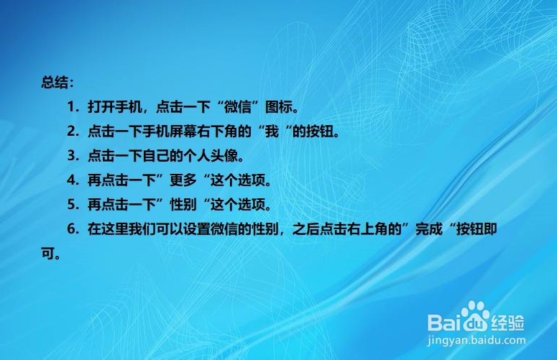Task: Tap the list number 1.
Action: pos(72,107)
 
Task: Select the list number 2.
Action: pos(72,131)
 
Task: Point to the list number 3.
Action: pos(72,156)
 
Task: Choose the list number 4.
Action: pos(72,180)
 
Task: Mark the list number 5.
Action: pos(72,205)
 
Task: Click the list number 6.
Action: pos(72,229)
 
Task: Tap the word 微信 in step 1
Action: pos(238,107)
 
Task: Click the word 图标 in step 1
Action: pos(279,107)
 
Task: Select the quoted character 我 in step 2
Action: pos(272,131)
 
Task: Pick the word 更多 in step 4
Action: pos(183,180)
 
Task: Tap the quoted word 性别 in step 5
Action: pos(183,205)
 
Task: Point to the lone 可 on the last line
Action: pos(48,254)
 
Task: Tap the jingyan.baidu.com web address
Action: pos(477,341)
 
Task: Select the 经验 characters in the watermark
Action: pos(507,323)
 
